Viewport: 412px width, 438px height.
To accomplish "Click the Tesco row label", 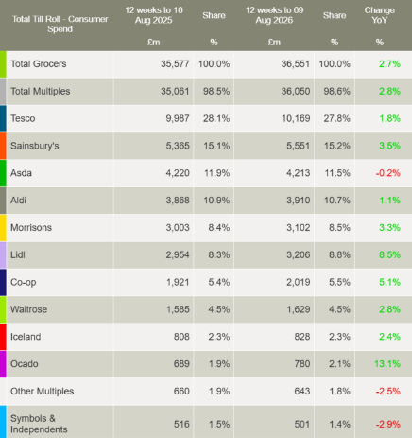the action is [23, 118].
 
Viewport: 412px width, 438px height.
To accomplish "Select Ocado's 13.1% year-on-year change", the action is [387, 364].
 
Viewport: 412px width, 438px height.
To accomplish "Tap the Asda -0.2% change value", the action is [387, 173].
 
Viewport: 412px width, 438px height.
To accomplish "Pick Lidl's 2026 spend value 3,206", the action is [298, 254].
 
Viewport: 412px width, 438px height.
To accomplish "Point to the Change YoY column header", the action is [380, 15].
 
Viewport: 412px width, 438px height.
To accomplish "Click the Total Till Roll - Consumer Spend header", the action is [60, 24].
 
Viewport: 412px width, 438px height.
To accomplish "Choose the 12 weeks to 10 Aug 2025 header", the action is [154, 15].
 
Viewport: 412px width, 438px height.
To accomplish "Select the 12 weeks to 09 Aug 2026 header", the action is [274, 15].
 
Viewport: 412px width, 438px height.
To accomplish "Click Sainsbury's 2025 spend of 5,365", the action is [178, 146].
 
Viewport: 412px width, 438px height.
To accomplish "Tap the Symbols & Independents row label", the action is [39, 424].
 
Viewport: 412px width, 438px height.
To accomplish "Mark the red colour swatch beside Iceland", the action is [3, 337].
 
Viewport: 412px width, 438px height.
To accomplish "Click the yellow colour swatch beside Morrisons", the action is [3, 228].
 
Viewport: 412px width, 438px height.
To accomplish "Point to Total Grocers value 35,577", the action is [175, 64].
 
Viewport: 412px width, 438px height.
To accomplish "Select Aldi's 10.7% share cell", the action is [337, 201].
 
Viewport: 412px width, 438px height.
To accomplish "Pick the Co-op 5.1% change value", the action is [389, 282].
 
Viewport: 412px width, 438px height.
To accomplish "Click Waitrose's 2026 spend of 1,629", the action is [298, 309].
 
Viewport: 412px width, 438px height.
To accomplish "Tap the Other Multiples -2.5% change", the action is [387, 392].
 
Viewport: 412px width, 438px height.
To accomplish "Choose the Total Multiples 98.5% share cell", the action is [216, 91].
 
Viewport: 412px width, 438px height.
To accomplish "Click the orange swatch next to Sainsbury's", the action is [3, 146].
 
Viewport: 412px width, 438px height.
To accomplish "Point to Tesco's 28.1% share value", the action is [216, 118].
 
